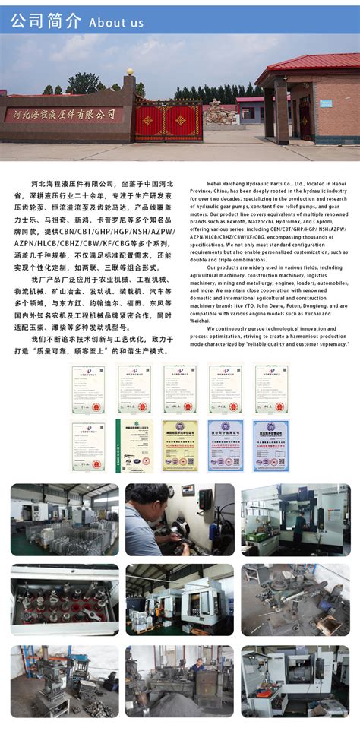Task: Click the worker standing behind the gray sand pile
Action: (198, 667)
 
